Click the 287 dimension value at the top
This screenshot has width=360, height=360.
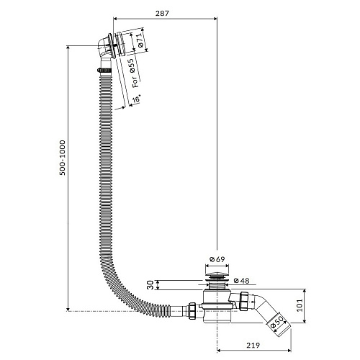[162, 13]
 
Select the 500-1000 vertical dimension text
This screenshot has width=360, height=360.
[63, 158]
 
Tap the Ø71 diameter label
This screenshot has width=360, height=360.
[139, 40]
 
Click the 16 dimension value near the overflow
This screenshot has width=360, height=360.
[136, 99]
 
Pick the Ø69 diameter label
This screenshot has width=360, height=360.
[217, 259]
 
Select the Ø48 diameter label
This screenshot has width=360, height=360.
[241, 281]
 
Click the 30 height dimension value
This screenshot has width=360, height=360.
[150, 285]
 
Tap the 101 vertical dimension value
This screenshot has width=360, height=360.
[300, 305]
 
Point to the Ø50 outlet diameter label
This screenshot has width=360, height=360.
[276, 323]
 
